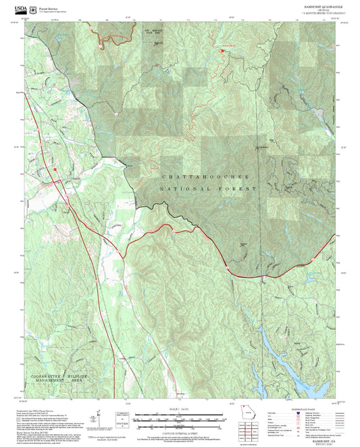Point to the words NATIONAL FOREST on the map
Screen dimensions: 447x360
(208, 190)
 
